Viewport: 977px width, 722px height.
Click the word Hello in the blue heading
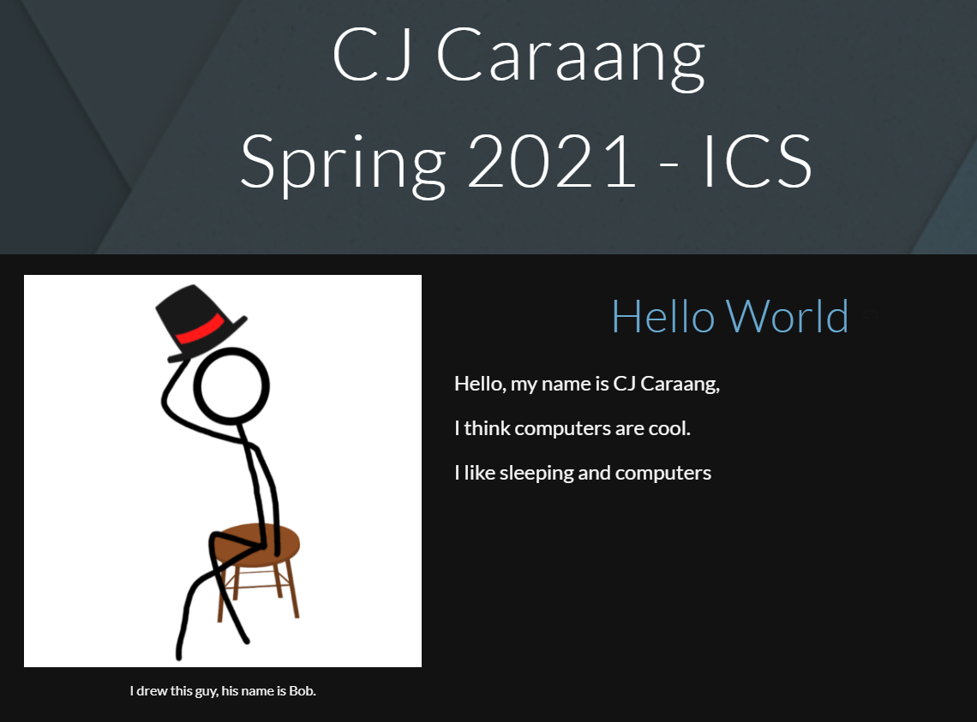point(662,316)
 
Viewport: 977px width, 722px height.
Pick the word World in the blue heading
point(788,316)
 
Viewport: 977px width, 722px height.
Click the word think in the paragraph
point(487,428)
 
